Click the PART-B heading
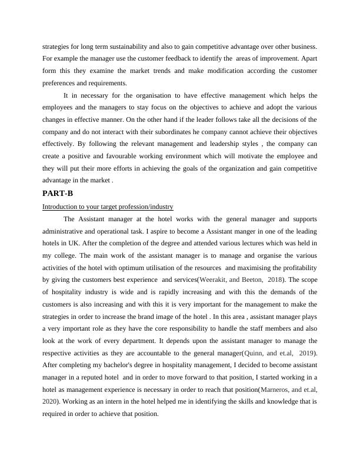coord(58,193)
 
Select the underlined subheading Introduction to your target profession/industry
coord(108,207)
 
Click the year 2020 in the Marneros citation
coord(49,402)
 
